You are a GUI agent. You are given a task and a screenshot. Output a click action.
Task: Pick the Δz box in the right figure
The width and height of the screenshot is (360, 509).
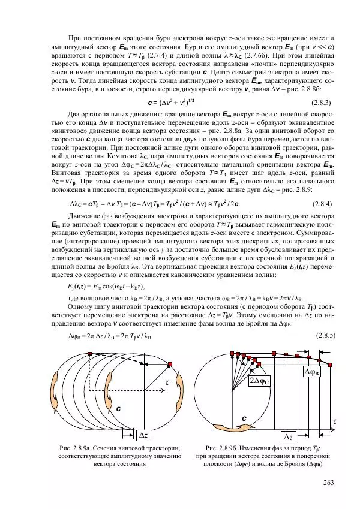[x=289, y=436]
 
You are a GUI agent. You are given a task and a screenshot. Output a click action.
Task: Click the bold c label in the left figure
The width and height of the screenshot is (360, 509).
[x=119, y=408]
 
